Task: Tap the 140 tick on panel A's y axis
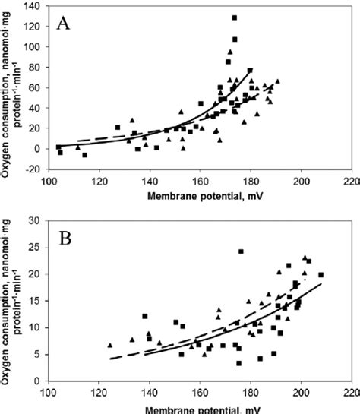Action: tap(36, 6)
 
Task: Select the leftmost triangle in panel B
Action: tap(110, 344)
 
